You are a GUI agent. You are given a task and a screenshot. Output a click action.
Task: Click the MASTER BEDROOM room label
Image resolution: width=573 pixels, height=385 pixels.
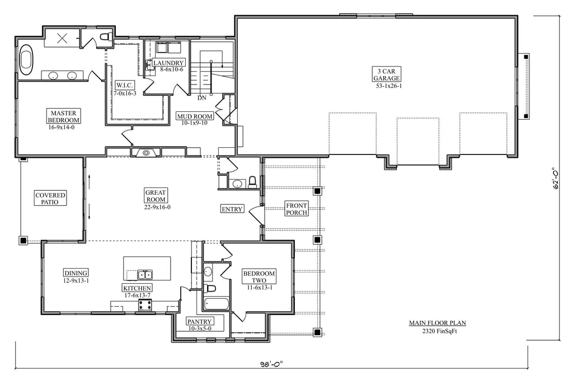point(63,116)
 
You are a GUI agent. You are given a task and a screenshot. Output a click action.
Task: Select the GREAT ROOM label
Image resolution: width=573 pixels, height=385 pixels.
point(156,195)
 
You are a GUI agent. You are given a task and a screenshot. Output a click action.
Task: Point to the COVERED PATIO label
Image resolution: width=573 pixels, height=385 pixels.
point(51,199)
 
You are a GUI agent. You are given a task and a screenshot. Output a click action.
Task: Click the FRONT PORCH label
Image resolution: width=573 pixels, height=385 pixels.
point(297,209)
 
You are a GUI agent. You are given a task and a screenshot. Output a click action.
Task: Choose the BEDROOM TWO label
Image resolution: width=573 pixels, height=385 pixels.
point(259,277)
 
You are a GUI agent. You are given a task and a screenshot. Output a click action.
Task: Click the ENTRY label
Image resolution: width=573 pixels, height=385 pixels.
point(232,209)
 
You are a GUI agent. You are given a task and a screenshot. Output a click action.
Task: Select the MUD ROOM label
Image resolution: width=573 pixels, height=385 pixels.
point(195,116)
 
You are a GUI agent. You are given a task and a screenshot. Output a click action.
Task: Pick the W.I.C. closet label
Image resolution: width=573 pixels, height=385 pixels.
point(125,85)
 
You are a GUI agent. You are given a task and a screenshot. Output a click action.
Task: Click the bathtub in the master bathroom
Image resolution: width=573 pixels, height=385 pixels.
point(26,60)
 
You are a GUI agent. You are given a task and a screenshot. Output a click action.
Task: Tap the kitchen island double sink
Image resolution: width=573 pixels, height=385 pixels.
point(145,274)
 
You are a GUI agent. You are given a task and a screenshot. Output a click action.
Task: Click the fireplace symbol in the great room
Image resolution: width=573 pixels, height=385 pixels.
point(146,152)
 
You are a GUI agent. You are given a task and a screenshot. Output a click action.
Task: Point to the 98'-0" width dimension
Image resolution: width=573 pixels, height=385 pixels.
point(270,364)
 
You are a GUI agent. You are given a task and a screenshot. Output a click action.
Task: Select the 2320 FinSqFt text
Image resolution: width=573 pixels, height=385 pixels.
point(437,331)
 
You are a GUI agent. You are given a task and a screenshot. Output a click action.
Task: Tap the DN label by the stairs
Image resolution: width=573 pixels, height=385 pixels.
point(201,98)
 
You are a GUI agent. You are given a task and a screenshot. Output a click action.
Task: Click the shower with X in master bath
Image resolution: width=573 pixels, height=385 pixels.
point(62,39)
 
